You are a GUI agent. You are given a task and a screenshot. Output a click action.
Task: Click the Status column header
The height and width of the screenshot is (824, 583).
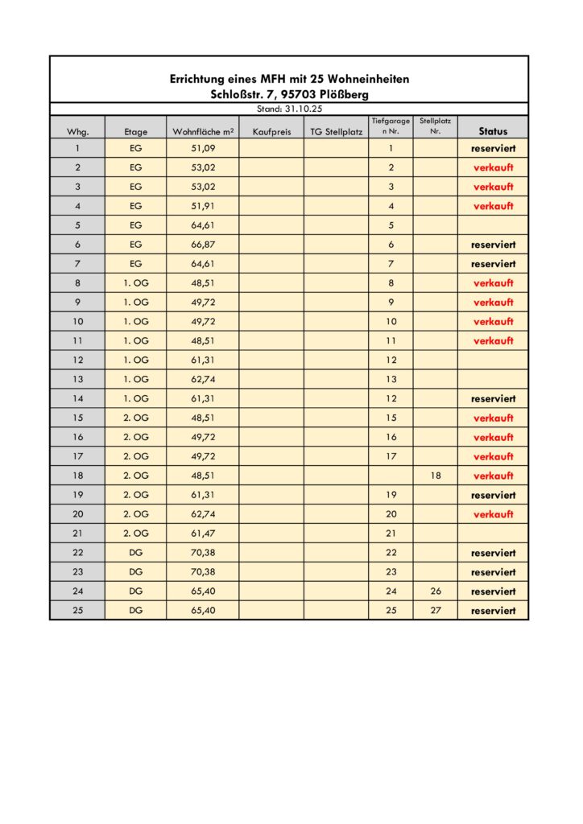pyautogui.click(x=493, y=130)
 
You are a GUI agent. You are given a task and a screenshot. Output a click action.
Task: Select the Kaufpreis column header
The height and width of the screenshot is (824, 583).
pyautogui.click(x=271, y=131)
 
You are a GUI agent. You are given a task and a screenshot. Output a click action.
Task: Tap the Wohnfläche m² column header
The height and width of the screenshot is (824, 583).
pyautogui.click(x=203, y=131)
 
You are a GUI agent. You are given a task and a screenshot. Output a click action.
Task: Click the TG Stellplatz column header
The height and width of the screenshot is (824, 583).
pyautogui.click(x=336, y=131)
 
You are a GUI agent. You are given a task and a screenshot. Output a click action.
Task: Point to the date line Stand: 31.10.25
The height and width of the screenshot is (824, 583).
pyautogui.click(x=289, y=109)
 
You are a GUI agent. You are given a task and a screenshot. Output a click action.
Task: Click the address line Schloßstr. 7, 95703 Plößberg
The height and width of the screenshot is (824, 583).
pyautogui.click(x=289, y=94)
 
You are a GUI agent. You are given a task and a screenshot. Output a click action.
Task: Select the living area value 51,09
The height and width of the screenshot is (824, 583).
pyautogui.click(x=203, y=149)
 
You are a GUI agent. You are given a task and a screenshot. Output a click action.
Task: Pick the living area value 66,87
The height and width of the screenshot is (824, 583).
pyautogui.click(x=203, y=245)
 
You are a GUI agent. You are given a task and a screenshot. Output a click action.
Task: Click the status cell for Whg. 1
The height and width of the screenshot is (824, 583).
pyautogui.click(x=493, y=149)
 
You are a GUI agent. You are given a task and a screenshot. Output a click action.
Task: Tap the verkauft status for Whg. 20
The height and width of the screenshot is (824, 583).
pyautogui.click(x=493, y=514)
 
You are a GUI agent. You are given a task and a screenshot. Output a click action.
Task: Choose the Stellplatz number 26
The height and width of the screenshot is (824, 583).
pyautogui.click(x=435, y=591)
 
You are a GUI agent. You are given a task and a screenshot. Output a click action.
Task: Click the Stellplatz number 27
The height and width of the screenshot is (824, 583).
pyautogui.click(x=435, y=611)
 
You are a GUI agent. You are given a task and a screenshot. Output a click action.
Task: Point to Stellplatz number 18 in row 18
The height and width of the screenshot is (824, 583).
pyautogui.click(x=435, y=476)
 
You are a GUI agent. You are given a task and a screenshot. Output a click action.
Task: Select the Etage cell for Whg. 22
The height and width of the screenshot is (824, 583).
pyautogui.click(x=135, y=553)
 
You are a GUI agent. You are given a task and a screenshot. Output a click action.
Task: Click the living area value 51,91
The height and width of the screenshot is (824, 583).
pyautogui.click(x=203, y=206)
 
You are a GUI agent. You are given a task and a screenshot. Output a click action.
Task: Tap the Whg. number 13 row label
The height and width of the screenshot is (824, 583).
pyautogui.click(x=77, y=380)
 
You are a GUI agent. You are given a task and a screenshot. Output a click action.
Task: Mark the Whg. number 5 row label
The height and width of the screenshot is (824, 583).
pyautogui.click(x=77, y=225)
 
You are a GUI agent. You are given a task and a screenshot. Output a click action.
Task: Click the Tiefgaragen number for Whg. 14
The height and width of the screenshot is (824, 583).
pyautogui.click(x=391, y=398)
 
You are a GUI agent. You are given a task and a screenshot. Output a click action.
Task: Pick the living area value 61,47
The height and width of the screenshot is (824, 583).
pyautogui.click(x=203, y=534)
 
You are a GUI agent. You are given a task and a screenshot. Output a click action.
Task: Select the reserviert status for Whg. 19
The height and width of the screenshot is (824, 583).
pyautogui.click(x=493, y=495)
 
